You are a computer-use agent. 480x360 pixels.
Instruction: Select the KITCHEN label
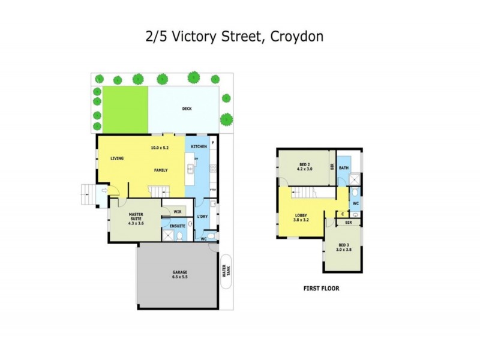click(199, 146)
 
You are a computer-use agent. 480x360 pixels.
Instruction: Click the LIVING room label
click(117, 158)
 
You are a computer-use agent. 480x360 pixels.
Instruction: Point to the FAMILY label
click(160, 170)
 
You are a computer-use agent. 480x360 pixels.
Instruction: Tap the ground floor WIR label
click(177, 211)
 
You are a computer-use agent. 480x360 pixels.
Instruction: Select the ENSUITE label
click(178, 226)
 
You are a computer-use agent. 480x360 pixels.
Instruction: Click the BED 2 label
click(304, 164)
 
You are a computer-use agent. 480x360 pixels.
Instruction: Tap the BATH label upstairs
click(344, 168)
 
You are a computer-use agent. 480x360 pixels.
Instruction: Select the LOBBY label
click(302, 215)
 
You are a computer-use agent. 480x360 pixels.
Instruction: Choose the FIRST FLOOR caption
click(321, 289)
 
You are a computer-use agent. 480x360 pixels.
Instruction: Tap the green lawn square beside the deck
click(125, 110)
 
